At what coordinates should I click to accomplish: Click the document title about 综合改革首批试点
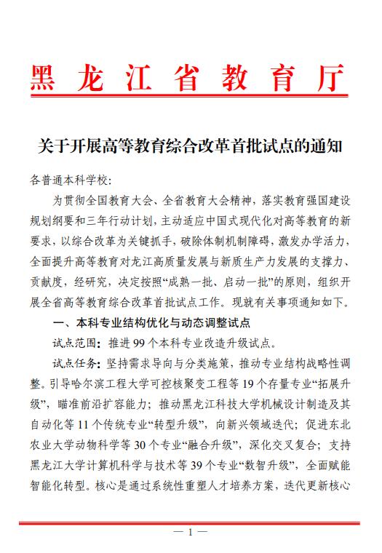[x=190, y=146]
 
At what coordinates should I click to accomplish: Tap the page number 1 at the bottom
[x=190, y=532]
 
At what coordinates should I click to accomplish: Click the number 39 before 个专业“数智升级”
[x=205, y=463]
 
